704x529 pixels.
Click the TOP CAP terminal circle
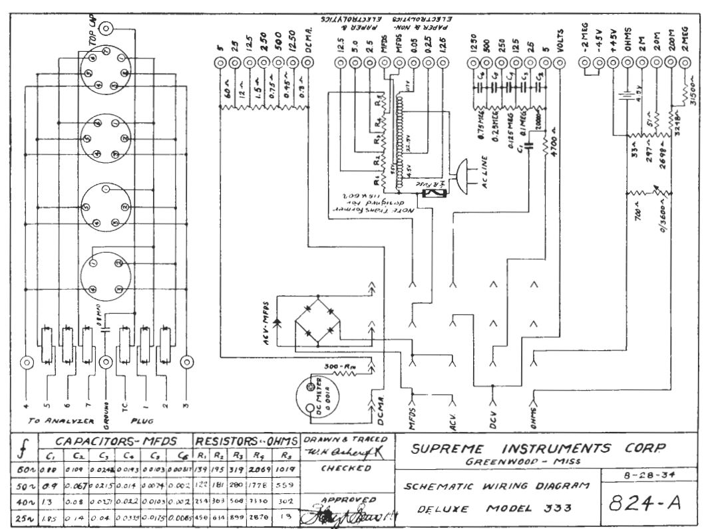[x=106, y=29]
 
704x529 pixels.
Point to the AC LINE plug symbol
[x=463, y=174]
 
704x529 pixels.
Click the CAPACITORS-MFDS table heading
[x=108, y=441]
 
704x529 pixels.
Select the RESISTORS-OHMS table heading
[x=246, y=441]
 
